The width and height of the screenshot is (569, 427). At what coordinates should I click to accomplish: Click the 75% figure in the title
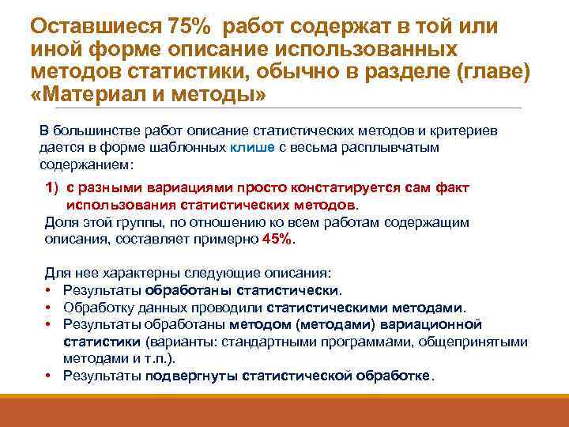tap(190, 26)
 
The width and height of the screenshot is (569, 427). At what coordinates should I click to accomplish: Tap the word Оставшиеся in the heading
tap(95, 26)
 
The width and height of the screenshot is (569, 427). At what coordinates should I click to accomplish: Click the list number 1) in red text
tap(55, 188)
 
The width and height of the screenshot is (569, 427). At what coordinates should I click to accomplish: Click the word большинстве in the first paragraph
tap(94, 130)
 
